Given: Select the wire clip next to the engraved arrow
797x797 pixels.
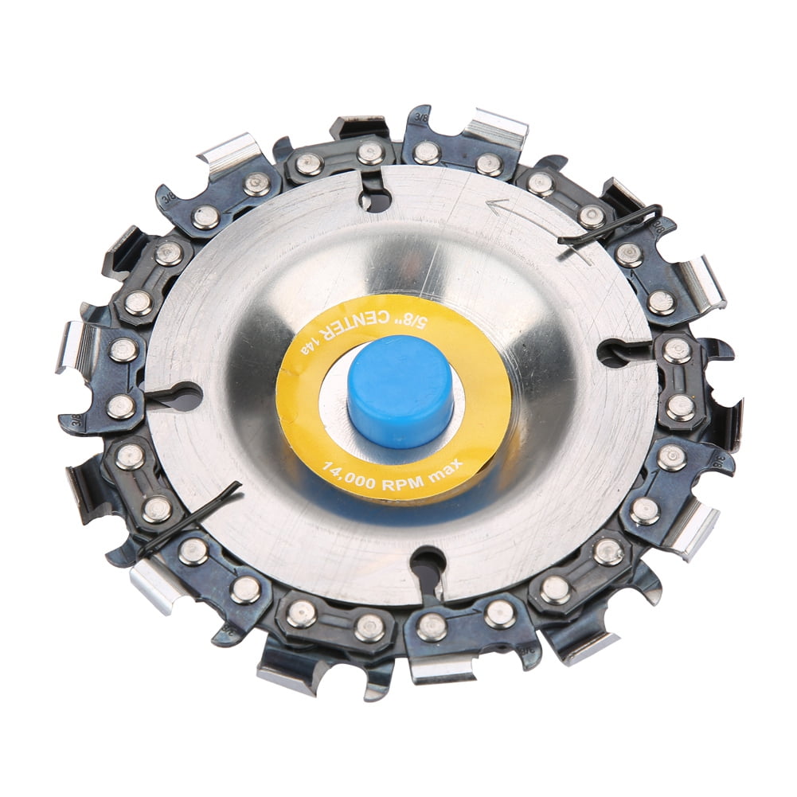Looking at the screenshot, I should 609,225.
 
